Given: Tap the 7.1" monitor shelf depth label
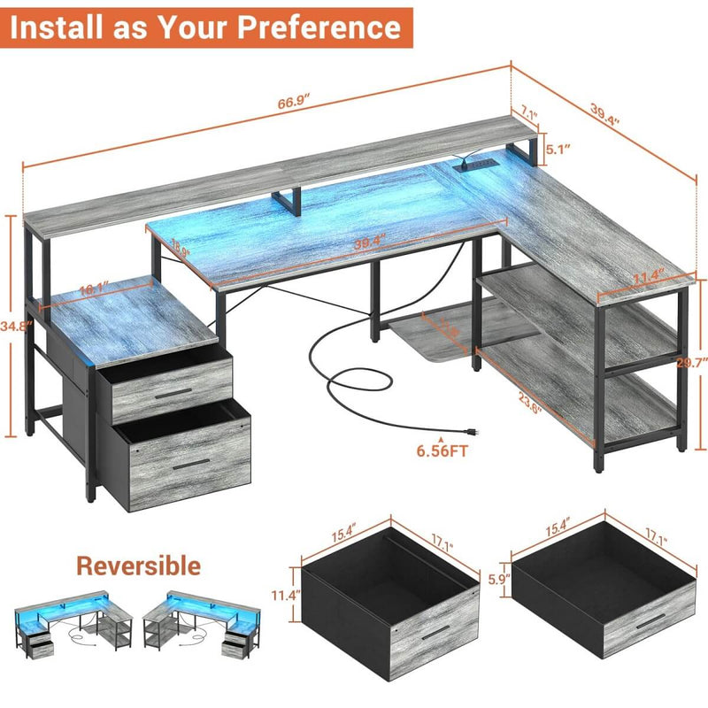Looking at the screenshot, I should pyautogui.click(x=530, y=112).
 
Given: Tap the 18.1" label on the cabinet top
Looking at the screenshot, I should pyautogui.click(x=94, y=289).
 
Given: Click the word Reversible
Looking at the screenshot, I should pyautogui.click(x=137, y=565).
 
